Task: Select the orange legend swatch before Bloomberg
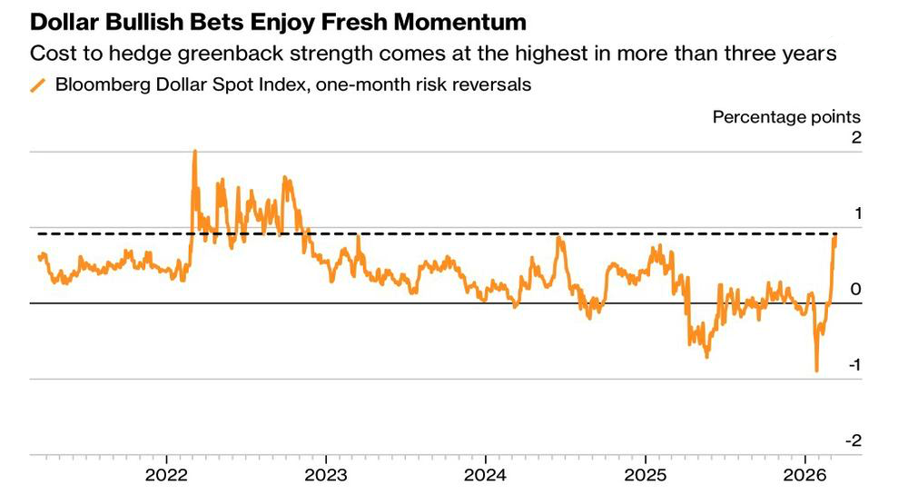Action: [38, 86]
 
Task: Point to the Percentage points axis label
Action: [786, 116]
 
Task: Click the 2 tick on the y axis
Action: [855, 138]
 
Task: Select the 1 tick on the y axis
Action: [855, 213]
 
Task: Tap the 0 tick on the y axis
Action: [855, 290]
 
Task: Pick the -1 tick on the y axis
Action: [854, 365]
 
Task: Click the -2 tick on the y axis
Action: [853, 441]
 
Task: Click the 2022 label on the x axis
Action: [167, 476]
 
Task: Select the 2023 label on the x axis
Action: [326, 476]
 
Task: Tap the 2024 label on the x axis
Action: [485, 476]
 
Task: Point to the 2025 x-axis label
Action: [645, 476]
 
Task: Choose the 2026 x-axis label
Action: [804, 476]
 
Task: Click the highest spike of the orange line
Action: [194, 152]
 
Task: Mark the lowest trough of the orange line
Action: [816, 371]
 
